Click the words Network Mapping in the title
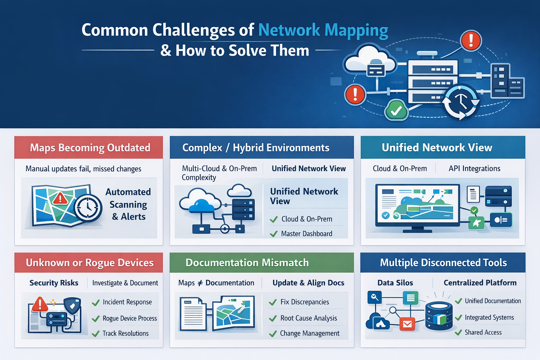point(323,30)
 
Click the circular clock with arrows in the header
point(461,102)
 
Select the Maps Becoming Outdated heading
point(90,148)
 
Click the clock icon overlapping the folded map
point(88,208)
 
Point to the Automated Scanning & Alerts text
point(128,204)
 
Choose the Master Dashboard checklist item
point(306,234)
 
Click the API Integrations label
point(474,169)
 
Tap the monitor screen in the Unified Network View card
point(417,204)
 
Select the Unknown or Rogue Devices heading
point(90,263)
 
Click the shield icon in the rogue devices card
point(72,306)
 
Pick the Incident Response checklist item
point(127,302)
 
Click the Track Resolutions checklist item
point(126,333)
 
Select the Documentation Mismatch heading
point(247,263)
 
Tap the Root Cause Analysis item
point(308,318)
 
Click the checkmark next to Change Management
point(273,334)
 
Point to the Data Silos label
point(395,283)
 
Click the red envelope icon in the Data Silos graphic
point(407,324)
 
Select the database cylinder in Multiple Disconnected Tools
point(439,316)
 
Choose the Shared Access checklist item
point(483,332)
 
